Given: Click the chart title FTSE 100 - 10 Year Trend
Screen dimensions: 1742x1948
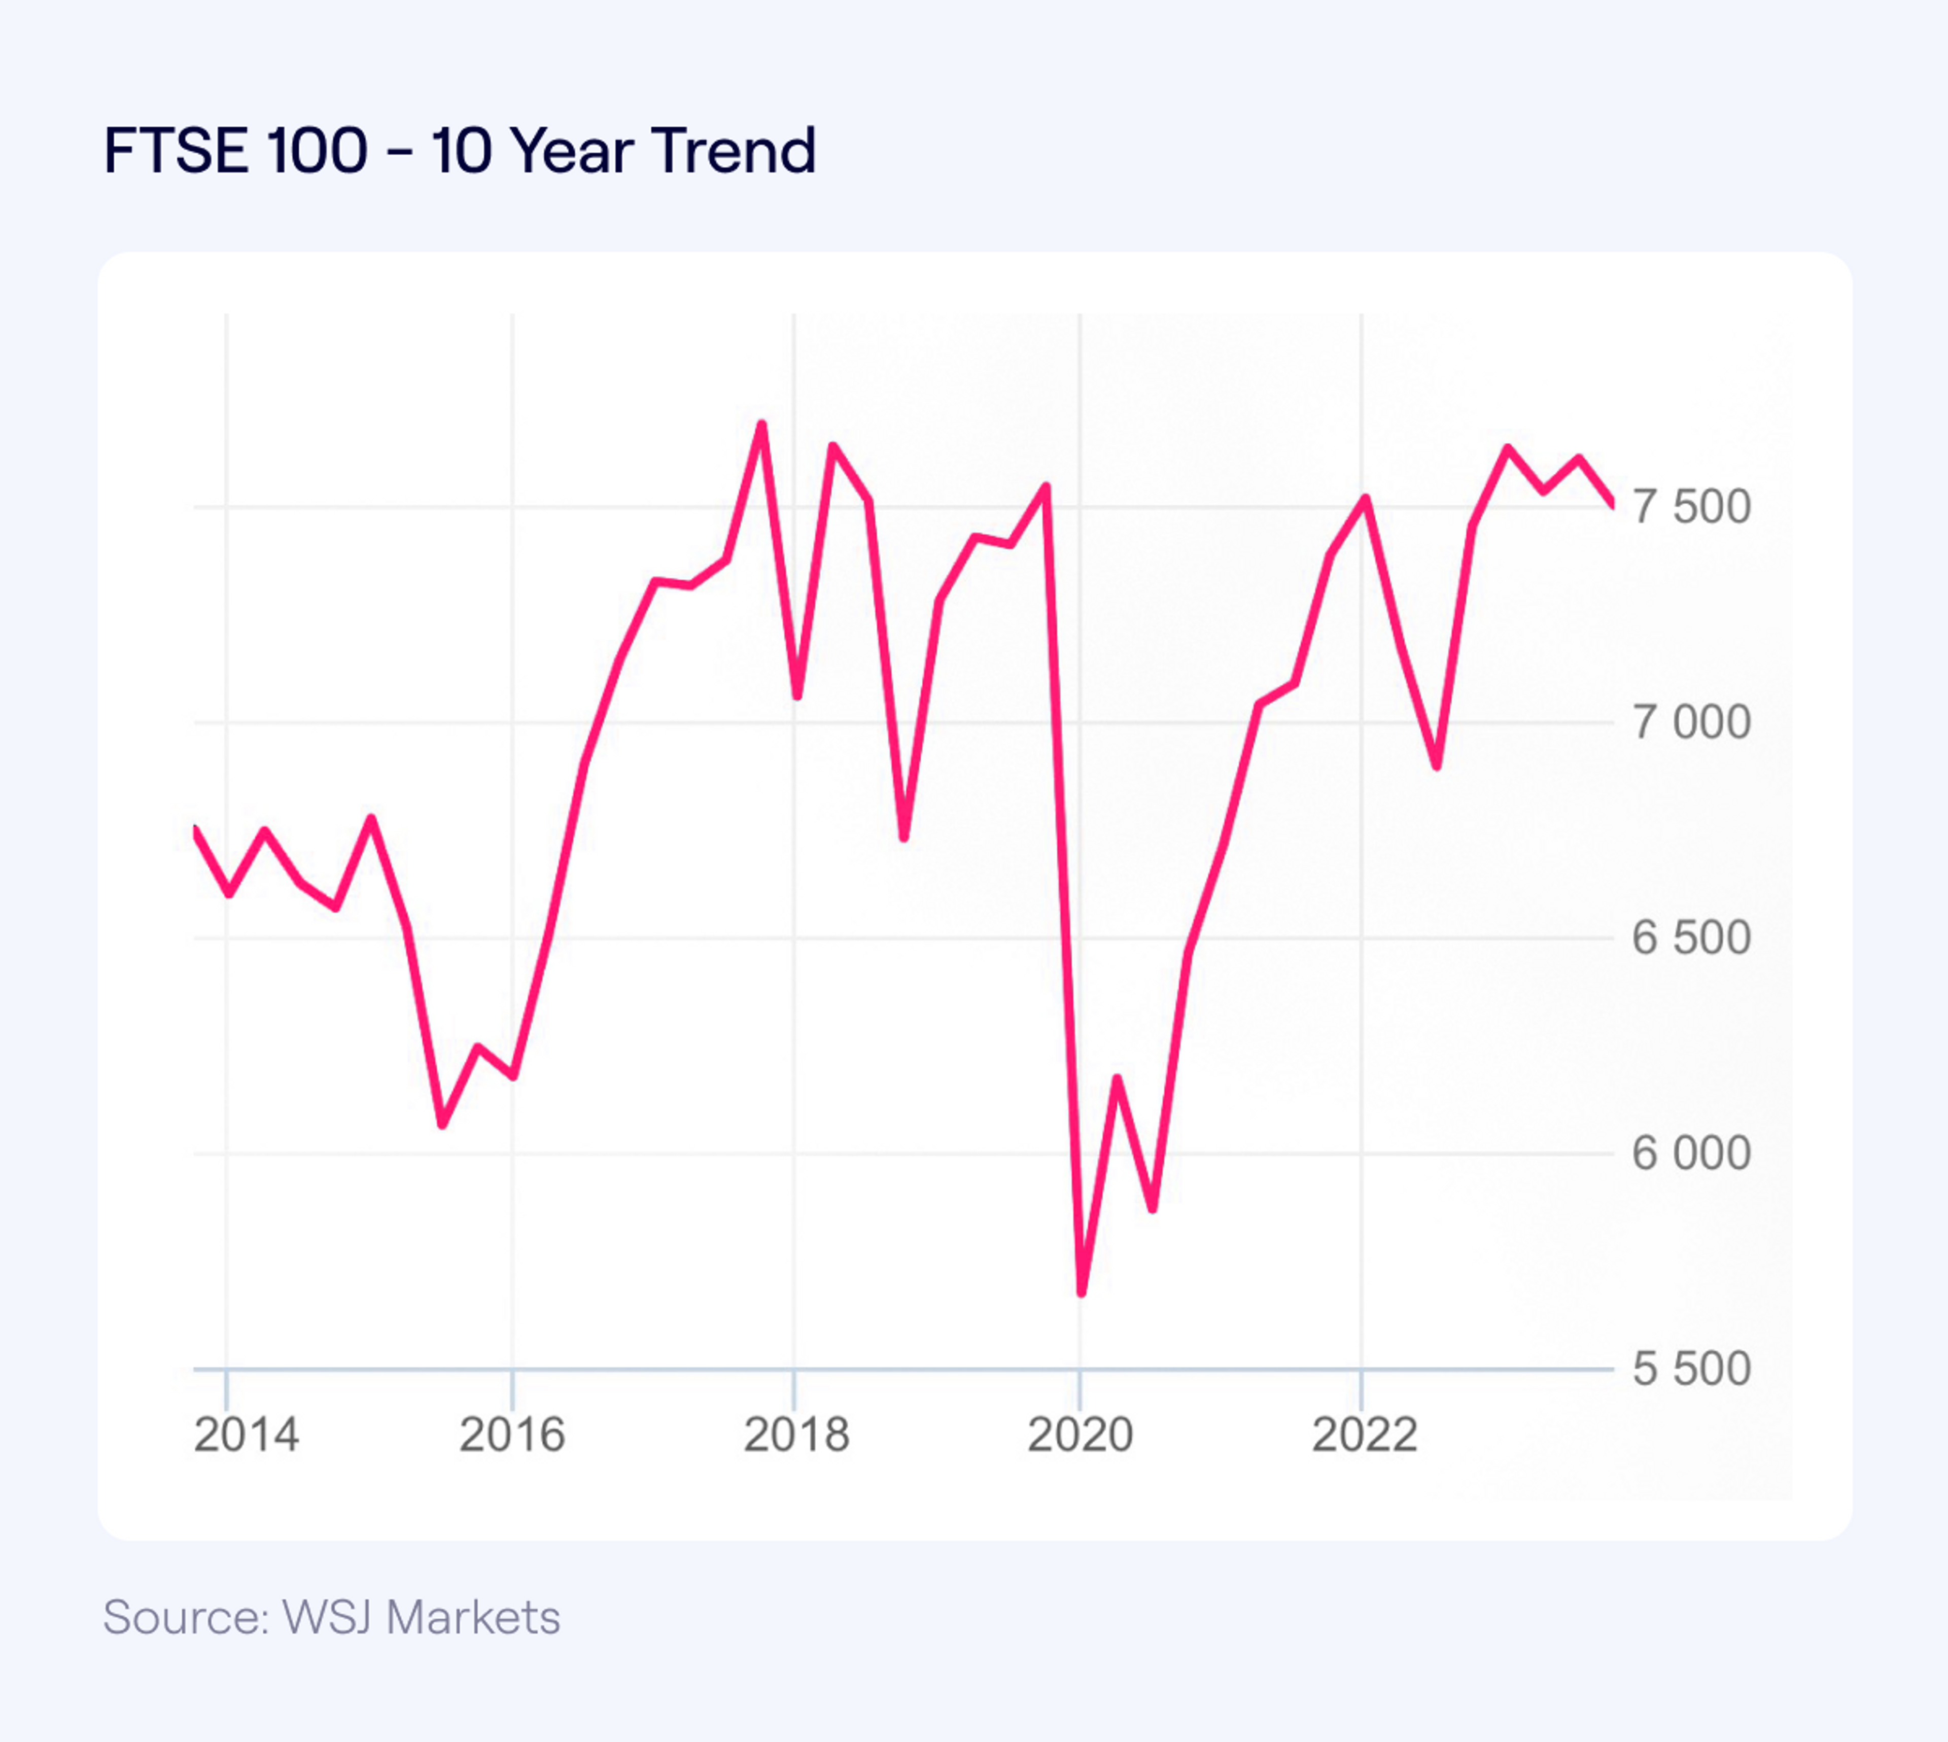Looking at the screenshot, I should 460,151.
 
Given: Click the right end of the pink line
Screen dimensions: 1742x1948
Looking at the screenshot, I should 1613,504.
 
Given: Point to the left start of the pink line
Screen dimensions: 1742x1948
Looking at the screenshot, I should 195,829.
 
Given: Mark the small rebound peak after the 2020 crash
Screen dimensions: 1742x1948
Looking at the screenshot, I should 1116,1078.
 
